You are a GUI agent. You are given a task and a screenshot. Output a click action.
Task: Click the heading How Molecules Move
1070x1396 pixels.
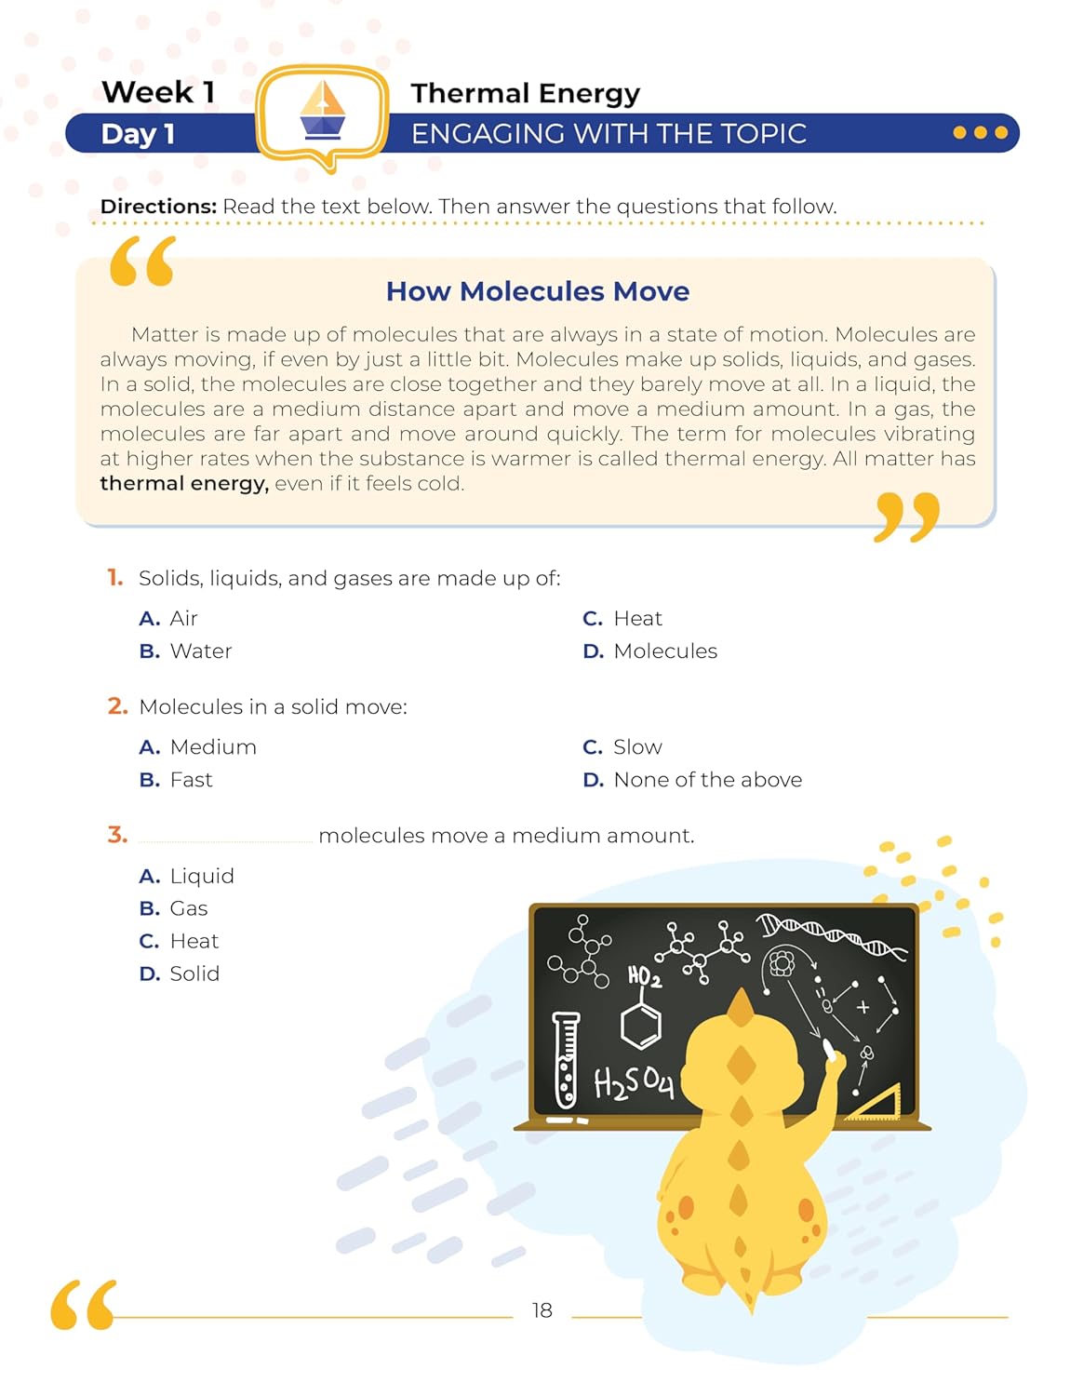(x=537, y=291)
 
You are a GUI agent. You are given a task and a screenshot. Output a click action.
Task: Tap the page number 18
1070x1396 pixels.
(x=542, y=1310)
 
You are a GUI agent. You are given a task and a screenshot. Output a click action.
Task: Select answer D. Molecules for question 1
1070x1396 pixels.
(x=649, y=651)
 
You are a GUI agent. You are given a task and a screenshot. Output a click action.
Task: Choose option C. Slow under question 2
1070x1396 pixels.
(x=622, y=747)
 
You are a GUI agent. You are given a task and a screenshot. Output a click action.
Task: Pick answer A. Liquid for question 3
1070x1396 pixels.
(x=186, y=876)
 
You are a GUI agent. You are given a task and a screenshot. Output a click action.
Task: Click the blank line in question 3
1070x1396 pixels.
(x=225, y=837)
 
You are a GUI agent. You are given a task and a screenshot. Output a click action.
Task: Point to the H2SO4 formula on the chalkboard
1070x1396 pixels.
(x=633, y=1082)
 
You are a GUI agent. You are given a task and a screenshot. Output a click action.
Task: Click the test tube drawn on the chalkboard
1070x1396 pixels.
(x=566, y=1060)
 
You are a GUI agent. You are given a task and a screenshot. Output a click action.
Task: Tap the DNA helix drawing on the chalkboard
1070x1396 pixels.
(x=830, y=934)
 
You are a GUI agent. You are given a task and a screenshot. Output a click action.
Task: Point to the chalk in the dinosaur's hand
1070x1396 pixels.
(x=829, y=1051)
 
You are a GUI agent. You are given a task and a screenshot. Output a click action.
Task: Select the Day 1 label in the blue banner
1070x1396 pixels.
(x=138, y=134)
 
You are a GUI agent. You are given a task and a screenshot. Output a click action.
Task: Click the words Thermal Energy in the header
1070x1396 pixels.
(x=525, y=93)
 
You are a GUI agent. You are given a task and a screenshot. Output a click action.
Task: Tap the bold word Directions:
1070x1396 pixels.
(x=158, y=207)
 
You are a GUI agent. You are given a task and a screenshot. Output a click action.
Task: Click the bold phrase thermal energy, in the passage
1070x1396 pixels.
(x=184, y=484)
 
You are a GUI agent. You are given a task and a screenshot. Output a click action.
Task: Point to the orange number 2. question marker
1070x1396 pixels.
(x=117, y=706)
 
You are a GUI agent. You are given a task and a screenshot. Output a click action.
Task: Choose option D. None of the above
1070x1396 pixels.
(x=691, y=780)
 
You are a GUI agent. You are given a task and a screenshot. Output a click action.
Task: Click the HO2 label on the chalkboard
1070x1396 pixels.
(x=644, y=976)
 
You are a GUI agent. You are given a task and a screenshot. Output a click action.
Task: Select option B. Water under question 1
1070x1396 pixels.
(x=185, y=651)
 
